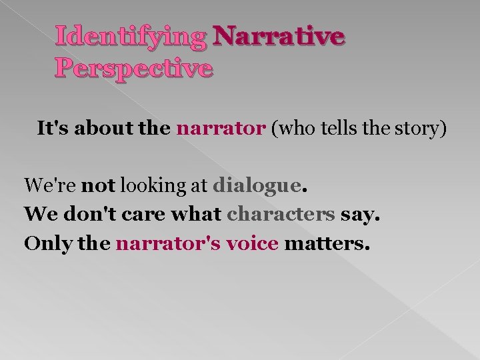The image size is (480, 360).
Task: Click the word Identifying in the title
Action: (131, 37)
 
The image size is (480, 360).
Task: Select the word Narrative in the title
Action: (278, 37)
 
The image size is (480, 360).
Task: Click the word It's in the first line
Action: (53, 128)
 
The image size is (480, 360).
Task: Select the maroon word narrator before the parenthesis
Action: (221, 128)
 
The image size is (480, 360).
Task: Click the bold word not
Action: (99, 185)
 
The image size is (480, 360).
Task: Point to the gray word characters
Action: (281, 215)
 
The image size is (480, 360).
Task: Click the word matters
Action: (326, 244)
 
